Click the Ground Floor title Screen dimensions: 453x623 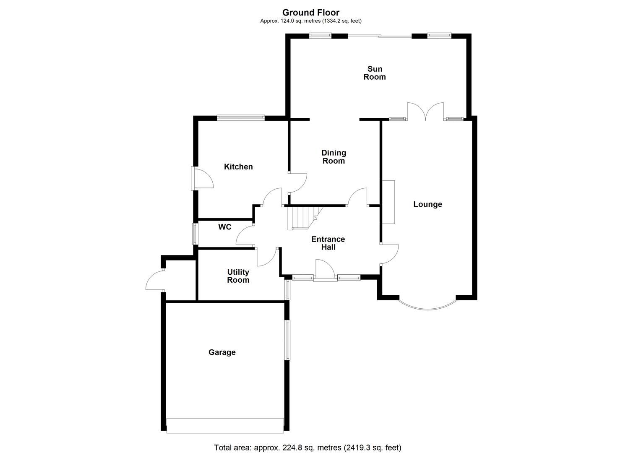pyautogui.click(x=310, y=13)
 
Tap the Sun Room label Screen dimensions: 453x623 pyautogui.click(x=374, y=73)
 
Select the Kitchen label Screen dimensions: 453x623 pyautogui.click(x=238, y=167)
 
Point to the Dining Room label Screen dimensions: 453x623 pyautogui.click(x=334, y=157)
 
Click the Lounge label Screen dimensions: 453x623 pyautogui.click(x=427, y=205)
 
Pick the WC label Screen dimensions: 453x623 pyautogui.click(x=225, y=227)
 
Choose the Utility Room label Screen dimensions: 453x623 pyautogui.click(x=238, y=276)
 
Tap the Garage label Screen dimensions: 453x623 pyautogui.click(x=222, y=353)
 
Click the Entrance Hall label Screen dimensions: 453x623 pyautogui.click(x=328, y=243)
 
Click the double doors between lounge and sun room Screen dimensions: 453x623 pyautogui.click(x=425, y=112)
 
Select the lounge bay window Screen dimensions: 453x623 pyautogui.click(x=427, y=306)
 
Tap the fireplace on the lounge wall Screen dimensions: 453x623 pyautogui.click(x=388, y=202)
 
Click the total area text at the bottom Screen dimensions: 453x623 pyautogui.click(x=308, y=448)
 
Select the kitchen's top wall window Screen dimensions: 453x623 pyautogui.click(x=241, y=118)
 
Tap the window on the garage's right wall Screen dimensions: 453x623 pyautogui.click(x=287, y=340)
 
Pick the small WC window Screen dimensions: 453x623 pyautogui.click(x=195, y=234)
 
